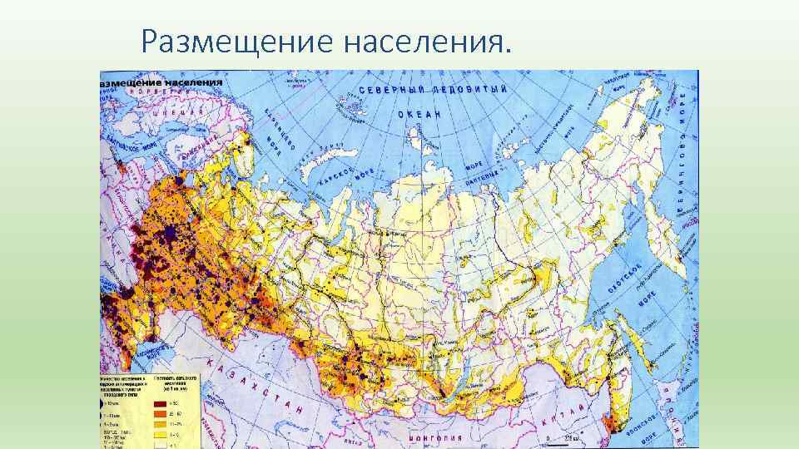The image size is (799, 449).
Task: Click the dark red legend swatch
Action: pyautogui.click(x=161, y=401)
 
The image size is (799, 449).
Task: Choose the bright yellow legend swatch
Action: pyautogui.click(x=161, y=422)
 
